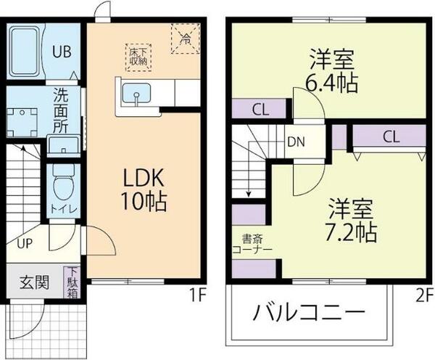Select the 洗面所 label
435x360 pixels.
[x=62, y=109]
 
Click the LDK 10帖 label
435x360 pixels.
[x=143, y=190]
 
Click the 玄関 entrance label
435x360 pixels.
[x=33, y=282]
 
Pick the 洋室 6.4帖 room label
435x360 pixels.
[x=331, y=69]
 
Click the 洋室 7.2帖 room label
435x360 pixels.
[x=350, y=219]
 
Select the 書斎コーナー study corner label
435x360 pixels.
[x=253, y=243]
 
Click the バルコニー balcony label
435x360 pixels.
[x=309, y=314]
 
